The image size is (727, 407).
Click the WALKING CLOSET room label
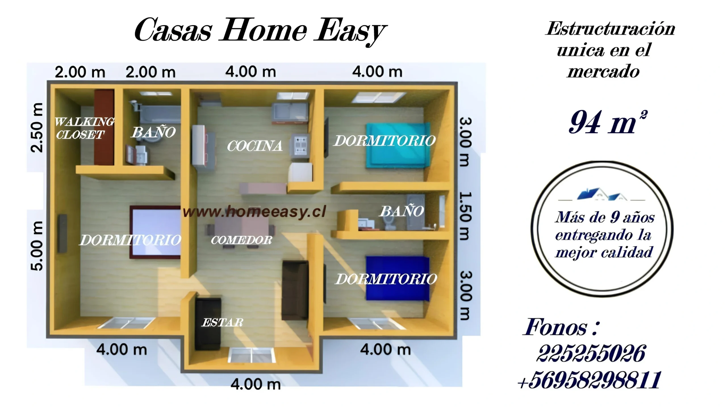[84, 128]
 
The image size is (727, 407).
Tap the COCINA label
[254, 146]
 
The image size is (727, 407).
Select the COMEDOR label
[241, 240]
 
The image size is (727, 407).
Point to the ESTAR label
[223, 322]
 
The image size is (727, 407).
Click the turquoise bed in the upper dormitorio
[398, 145]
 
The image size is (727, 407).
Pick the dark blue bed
[398, 278]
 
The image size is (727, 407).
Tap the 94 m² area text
[608, 122]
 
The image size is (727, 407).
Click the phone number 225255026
[591, 353]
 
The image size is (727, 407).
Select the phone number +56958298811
[589, 379]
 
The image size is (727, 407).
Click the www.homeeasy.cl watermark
[254, 212]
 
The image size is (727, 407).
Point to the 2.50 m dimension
[37, 128]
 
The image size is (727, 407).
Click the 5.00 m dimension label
[37, 246]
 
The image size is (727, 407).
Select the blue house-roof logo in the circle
[602, 195]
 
